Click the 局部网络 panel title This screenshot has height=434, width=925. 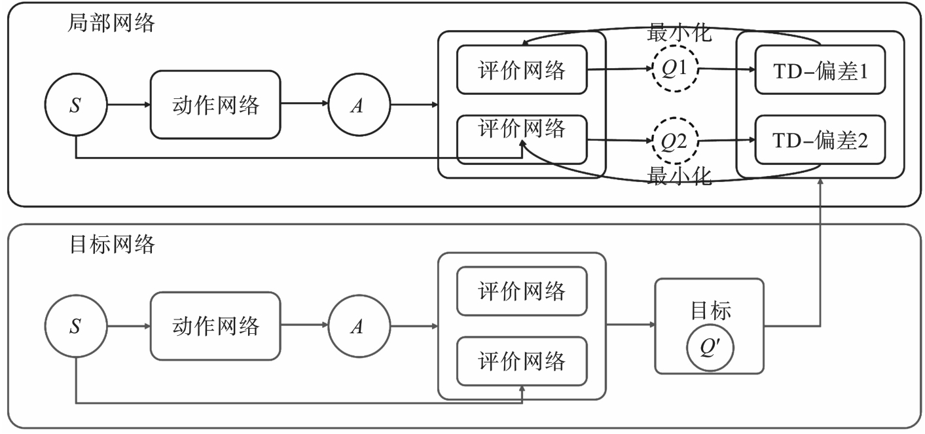click(112, 24)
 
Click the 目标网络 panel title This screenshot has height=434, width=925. click(112, 245)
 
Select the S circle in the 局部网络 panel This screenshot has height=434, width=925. click(75, 105)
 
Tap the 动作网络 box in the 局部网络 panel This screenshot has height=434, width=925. click(215, 105)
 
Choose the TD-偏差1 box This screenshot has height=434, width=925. click(820, 70)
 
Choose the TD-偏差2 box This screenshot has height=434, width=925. click(820, 140)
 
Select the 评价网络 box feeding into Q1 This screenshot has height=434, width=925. click(521, 69)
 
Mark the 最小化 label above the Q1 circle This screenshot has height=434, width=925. click(679, 33)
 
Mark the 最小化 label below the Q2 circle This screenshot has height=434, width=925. click(679, 177)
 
